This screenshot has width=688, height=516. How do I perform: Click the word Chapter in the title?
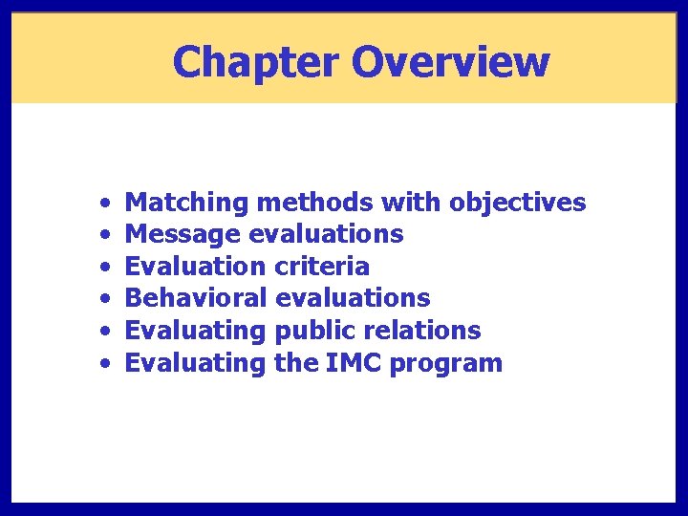point(256,63)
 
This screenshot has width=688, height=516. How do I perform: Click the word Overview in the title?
point(450,63)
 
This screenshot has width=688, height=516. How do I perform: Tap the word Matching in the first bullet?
point(187,204)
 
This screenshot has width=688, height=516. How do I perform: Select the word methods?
point(314,203)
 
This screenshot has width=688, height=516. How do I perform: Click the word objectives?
point(517,204)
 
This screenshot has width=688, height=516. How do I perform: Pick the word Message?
point(183,235)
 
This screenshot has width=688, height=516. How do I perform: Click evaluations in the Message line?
point(326,234)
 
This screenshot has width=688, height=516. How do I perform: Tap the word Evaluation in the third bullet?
point(196,267)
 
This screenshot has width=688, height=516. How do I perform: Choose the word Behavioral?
point(196,298)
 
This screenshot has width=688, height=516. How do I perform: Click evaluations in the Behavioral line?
point(352,298)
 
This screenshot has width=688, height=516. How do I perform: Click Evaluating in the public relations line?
point(196,332)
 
